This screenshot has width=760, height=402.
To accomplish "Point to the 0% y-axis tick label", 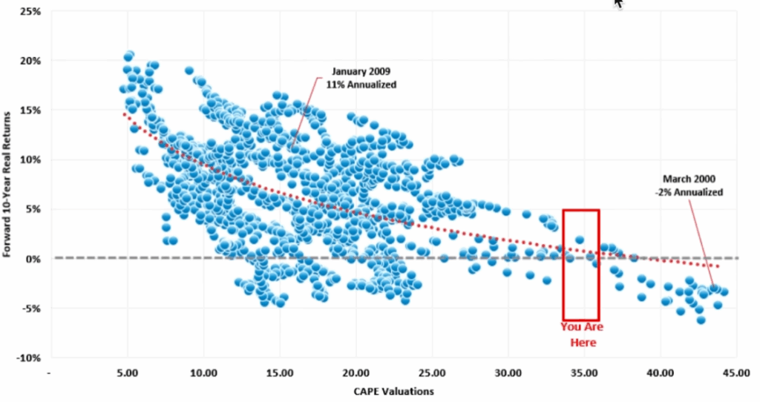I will tap(32, 259).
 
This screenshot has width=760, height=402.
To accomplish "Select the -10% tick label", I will tap(28, 357).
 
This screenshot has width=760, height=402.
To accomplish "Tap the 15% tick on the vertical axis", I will tap(30, 110).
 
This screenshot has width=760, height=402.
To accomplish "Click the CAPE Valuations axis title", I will tap(393, 391).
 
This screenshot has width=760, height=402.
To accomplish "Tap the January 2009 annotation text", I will tap(355, 73).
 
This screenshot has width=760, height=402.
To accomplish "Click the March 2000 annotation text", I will tap(690, 180).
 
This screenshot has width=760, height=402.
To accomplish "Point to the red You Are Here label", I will tap(583, 334).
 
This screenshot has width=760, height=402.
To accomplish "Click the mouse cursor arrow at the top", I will tap(619, 4).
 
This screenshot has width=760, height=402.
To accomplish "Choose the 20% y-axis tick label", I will tap(30, 61).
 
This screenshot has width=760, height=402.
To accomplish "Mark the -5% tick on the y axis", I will tap(30, 309).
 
